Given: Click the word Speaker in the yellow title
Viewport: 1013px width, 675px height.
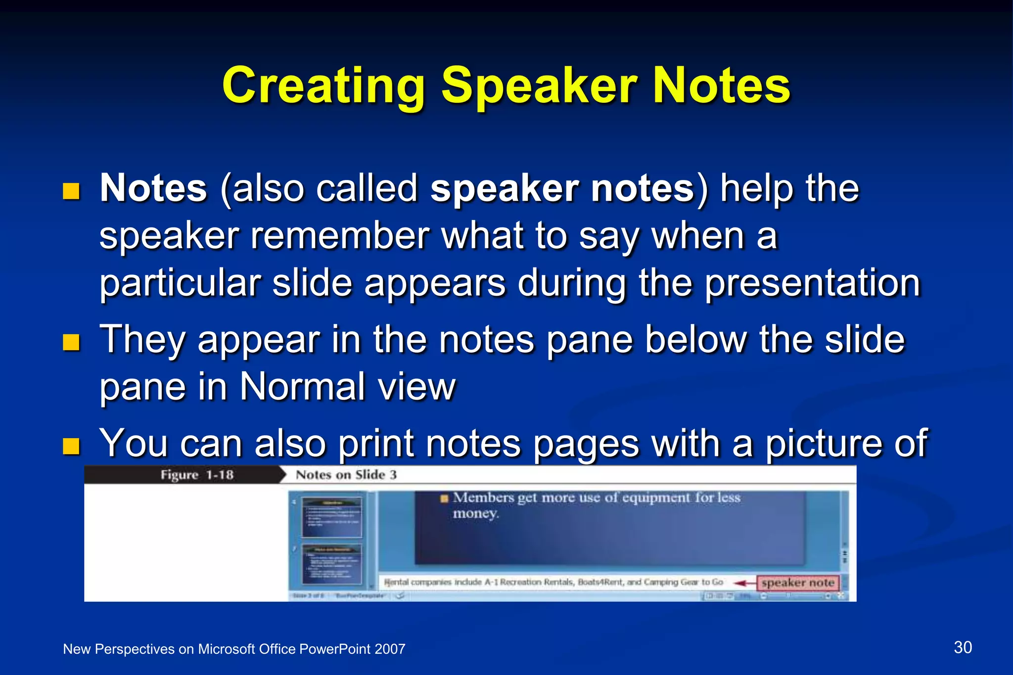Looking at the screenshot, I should click(539, 87).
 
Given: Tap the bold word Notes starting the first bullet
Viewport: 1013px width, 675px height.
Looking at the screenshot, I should click(153, 188).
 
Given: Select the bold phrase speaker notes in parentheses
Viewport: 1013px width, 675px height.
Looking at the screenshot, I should click(562, 188).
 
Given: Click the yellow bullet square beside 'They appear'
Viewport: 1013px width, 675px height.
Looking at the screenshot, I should click(71, 342).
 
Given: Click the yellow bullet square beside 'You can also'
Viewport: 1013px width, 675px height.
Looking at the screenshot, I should click(71, 446).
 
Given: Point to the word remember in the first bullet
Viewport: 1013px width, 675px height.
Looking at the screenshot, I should click(339, 236).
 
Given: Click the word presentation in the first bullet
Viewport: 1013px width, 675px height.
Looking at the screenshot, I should click(812, 283).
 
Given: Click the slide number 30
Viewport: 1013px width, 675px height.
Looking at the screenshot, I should click(963, 647).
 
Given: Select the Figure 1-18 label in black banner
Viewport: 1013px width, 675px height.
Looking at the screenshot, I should click(196, 475).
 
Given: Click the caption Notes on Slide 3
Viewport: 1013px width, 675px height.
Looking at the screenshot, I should click(346, 475).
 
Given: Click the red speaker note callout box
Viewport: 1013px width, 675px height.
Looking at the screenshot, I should click(797, 583).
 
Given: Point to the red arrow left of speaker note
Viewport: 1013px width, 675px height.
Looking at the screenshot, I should click(744, 584).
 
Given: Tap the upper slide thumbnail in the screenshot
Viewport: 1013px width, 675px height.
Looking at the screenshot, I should click(332, 517).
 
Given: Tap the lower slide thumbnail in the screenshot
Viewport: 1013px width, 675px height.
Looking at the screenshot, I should click(332, 564).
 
